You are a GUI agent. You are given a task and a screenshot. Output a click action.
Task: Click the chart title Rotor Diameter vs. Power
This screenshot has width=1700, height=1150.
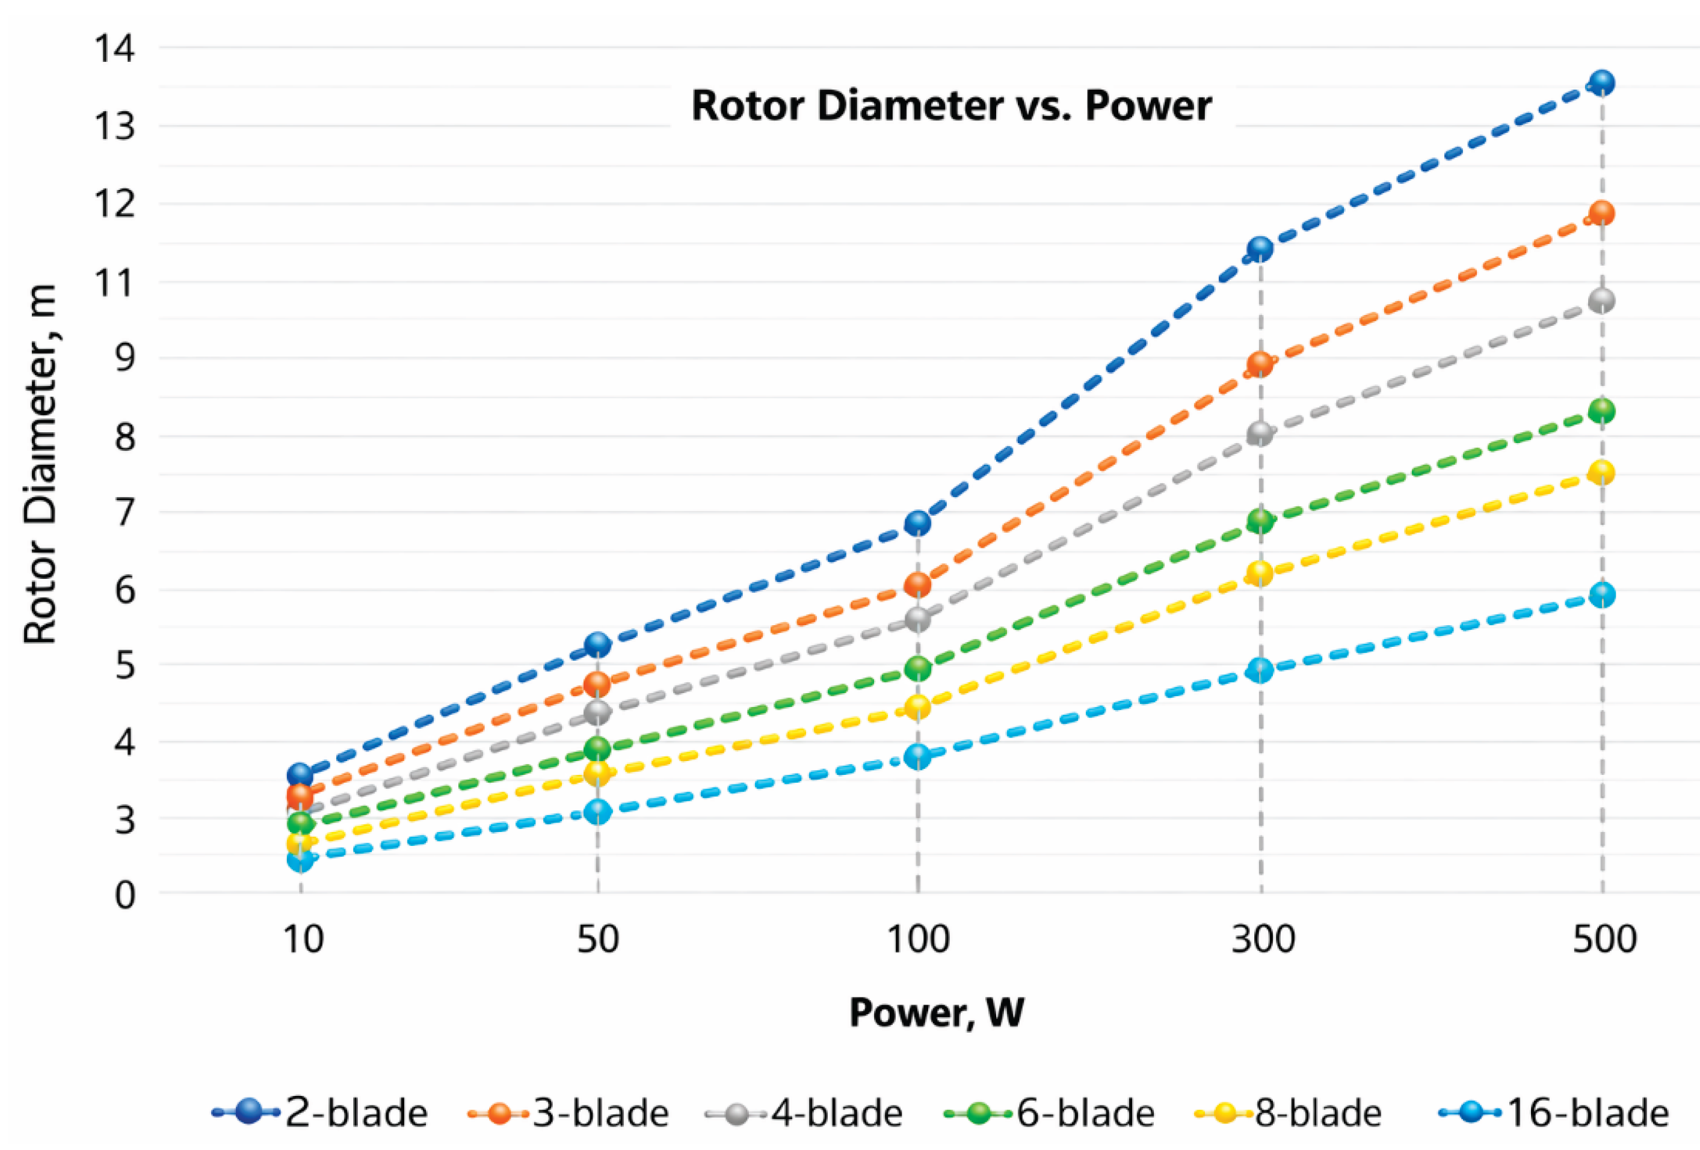(952, 106)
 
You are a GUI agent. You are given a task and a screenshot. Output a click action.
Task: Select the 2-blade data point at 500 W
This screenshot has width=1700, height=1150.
(1602, 82)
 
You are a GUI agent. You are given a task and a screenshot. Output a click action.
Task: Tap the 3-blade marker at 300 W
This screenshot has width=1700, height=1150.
(1260, 363)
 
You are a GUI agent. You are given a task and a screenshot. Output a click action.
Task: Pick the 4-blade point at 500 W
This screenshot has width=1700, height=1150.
(1602, 300)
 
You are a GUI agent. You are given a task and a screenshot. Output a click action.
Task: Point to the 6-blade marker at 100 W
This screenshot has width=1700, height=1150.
(917, 668)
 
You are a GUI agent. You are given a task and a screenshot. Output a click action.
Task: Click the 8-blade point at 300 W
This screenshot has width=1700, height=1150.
(1260, 572)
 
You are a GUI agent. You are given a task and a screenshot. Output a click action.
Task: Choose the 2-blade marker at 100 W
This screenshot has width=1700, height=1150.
(917, 524)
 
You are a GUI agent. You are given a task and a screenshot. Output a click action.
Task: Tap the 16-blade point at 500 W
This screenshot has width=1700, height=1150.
(1602, 595)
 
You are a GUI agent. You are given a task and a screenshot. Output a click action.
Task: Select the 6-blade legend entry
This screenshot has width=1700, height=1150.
(1050, 1113)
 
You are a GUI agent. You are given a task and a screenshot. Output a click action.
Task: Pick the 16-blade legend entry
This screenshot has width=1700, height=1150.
(1554, 1113)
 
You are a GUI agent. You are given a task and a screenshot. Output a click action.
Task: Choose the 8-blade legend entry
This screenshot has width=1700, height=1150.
(1288, 1113)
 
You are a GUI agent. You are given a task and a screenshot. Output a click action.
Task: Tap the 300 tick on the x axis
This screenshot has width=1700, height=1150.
(1263, 940)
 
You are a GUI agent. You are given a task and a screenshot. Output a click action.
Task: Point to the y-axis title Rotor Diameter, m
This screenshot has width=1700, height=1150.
(40, 464)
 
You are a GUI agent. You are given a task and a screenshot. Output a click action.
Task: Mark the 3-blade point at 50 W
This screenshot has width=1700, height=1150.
(597, 684)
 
